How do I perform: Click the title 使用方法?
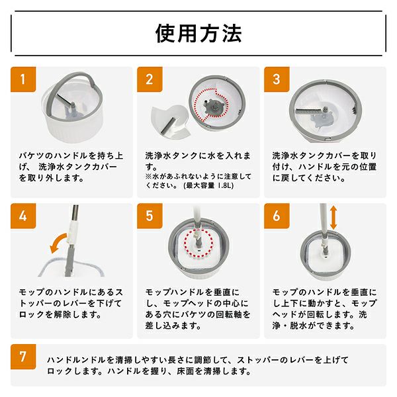pyautogui.click(x=198, y=34)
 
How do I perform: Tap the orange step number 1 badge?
pyautogui.click(x=23, y=79)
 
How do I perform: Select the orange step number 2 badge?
pyautogui.click(x=150, y=79)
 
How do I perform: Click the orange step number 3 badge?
pyautogui.click(x=277, y=79)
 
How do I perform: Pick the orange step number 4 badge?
pyautogui.click(x=23, y=216)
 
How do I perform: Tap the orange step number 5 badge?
pyautogui.click(x=150, y=216)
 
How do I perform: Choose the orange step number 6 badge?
pyautogui.click(x=277, y=216)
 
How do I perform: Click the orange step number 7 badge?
pyautogui.click(x=23, y=357)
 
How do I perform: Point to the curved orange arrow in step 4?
pyautogui.click(x=56, y=240)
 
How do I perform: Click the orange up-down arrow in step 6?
pyautogui.click(x=333, y=217)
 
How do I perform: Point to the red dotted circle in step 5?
pyautogui.click(x=198, y=243)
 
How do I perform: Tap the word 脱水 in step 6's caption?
pyautogui.click(x=298, y=326)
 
